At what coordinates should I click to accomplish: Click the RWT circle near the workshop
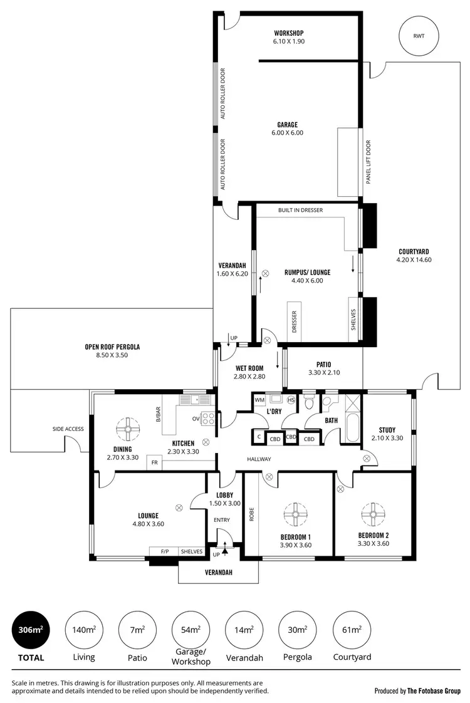(418, 36)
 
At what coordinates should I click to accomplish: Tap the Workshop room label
(288, 37)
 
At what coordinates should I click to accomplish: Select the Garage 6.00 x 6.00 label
(288, 128)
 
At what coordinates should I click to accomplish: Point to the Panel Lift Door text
(368, 162)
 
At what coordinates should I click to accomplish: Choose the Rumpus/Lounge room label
(307, 276)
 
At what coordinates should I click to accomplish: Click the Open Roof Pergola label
(112, 351)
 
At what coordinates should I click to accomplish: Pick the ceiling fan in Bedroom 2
(373, 514)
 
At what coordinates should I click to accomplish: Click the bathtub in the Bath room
(352, 429)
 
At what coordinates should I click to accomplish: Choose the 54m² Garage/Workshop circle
(191, 630)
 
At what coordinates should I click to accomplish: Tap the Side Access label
(68, 429)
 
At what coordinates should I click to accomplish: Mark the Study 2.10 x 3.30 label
(387, 434)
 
